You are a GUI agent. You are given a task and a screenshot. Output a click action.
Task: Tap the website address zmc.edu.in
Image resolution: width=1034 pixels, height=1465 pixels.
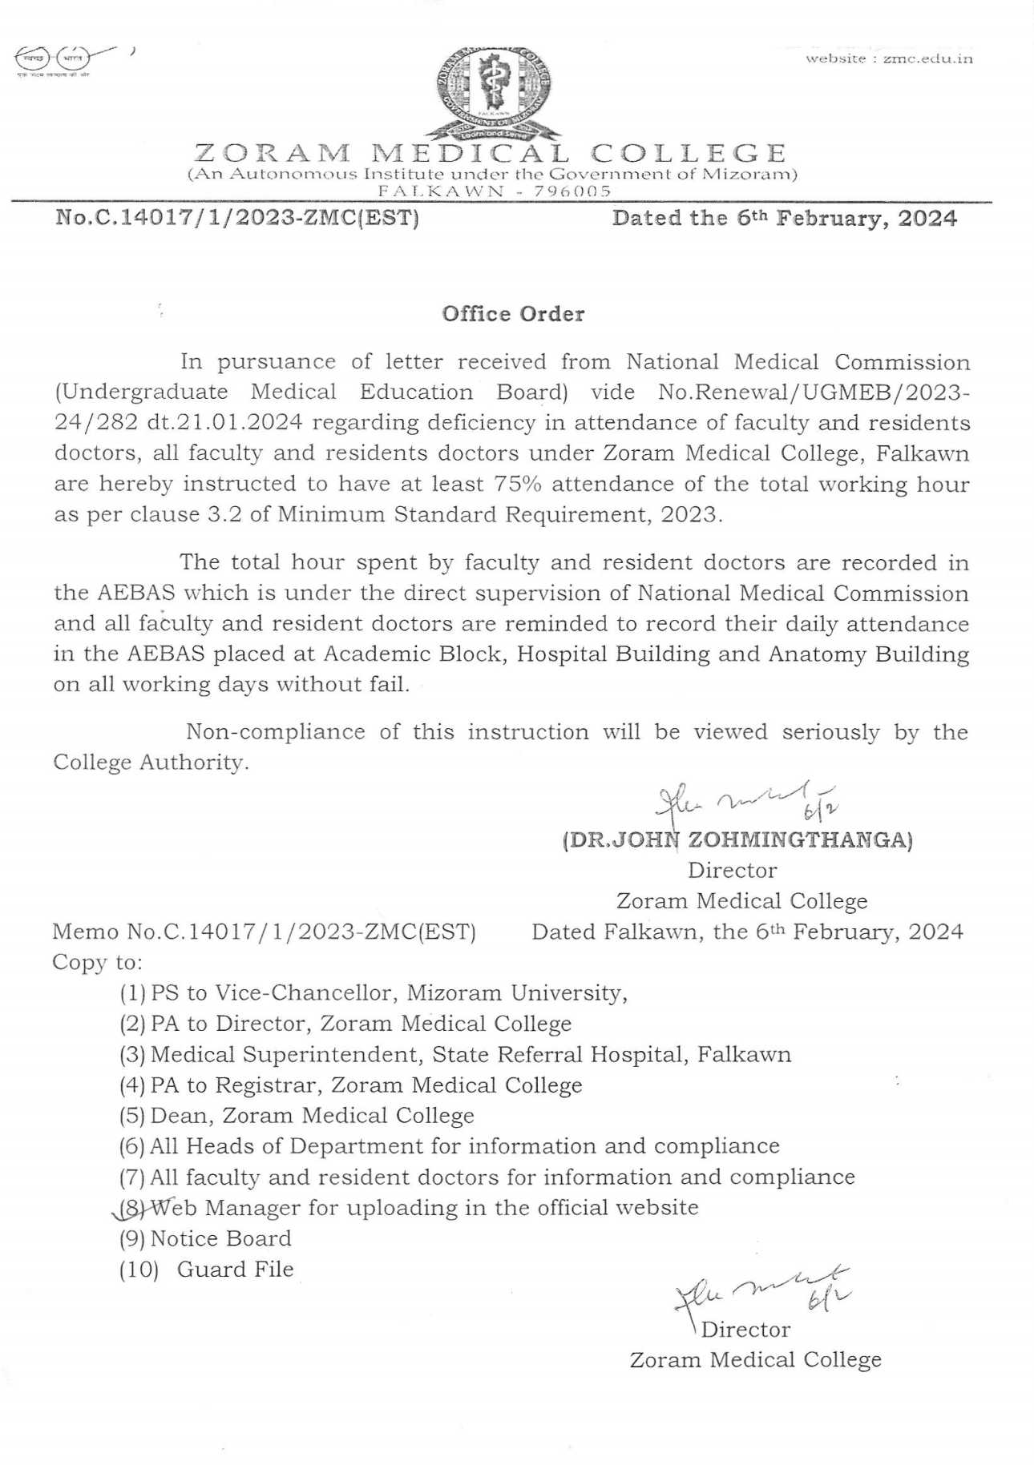(x=889, y=58)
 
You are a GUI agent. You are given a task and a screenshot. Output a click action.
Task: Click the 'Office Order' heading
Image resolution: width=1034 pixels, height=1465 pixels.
(x=513, y=313)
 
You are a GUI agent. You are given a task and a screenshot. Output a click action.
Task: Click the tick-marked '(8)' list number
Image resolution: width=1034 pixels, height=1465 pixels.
(x=131, y=1207)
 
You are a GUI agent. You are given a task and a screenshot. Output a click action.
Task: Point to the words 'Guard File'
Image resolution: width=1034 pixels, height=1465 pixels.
(x=235, y=1270)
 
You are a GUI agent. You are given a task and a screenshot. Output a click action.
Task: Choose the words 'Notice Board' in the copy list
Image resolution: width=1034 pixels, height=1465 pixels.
(x=220, y=1238)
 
